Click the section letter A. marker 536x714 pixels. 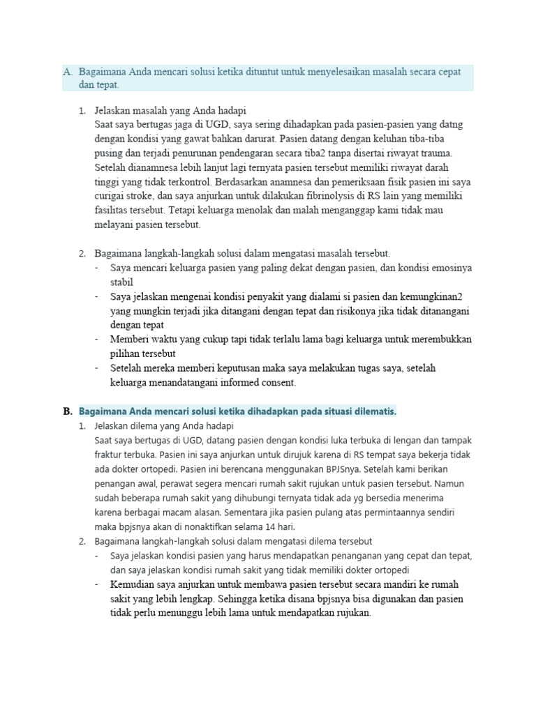point(68,72)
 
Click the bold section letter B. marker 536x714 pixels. point(68,412)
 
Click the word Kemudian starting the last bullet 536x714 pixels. point(135,584)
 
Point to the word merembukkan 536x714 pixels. point(439,340)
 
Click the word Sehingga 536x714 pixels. point(244,599)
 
